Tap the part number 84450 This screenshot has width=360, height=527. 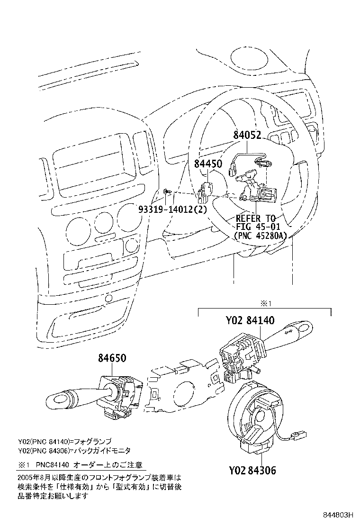(x=208, y=164)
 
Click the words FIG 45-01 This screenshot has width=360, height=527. (x=256, y=227)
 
